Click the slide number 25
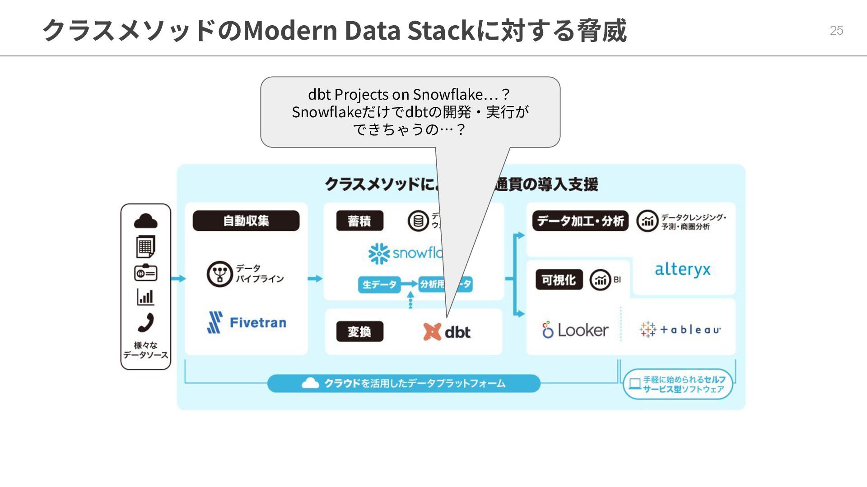pyautogui.click(x=836, y=30)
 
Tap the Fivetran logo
pyautogui.click(x=247, y=322)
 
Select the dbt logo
pyautogui.click(x=447, y=332)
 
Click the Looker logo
pyautogui.click(x=575, y=330)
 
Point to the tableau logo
pyautogui.click(x=680, y=330)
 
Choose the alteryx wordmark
pyautogui.click(x=682, y=270)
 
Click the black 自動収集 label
pyautogui.click(x=246, y=221)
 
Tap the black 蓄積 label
pyautogui.click(x=359, y=221)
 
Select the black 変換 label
pyautogui.click(x=359, y=332)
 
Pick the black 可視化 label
pyautogui.click(x=559, y=280)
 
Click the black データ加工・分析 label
pyautogui.click(x=580, y=221)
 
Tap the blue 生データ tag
pyautogui.click(x=379, y=285)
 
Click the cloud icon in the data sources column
pyautogui.click(x=146, y=221)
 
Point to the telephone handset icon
pyautogui.click(x=146, y=323)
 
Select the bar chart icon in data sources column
pyautogui.click(x=145, y=297)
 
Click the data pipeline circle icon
pyautogui.click(x=219, y=273)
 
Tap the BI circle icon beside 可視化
pyautogui.click(x=600, y=280)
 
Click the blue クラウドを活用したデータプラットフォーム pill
pyautogui.click(x=404, y=383)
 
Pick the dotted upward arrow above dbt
pyautogui.click(x=410, y=300)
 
